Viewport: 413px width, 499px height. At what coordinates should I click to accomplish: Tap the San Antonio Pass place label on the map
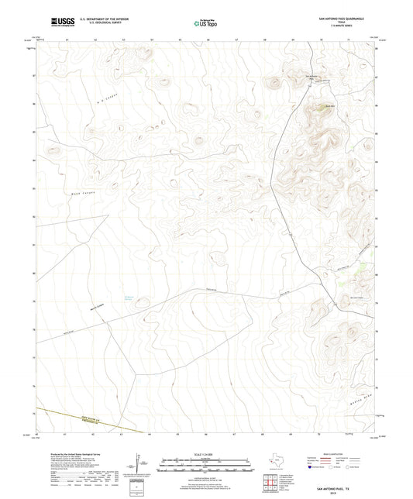pos(311,76)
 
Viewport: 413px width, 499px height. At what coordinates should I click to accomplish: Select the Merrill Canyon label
pos(97,304)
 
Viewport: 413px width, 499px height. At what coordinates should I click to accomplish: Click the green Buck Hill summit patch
pos(320,112)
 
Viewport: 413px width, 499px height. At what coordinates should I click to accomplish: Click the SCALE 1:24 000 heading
pos(205,454)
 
